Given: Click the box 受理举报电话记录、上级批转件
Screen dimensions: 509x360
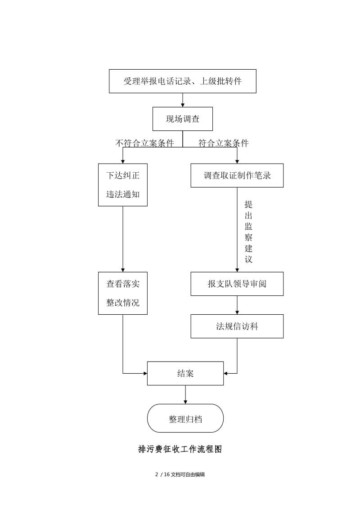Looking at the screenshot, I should (182, 81).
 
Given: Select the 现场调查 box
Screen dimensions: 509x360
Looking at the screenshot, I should (182, 119).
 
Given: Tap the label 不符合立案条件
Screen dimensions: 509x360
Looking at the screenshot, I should (144, 143).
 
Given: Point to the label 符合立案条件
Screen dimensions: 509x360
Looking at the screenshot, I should (224, 143).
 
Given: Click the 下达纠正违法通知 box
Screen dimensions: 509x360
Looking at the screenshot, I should (123, 185).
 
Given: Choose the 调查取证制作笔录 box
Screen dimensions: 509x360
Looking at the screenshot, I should (237, 175).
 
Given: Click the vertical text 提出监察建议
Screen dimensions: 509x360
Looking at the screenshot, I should (248, 232).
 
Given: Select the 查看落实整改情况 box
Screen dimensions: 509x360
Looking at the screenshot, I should (123, 293).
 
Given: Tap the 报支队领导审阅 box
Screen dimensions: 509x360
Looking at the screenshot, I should (237, 284).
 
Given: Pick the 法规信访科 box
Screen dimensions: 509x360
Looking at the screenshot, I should (237, 326).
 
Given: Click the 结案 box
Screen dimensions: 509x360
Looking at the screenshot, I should (185, 373).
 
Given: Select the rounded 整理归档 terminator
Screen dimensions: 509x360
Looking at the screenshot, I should (185, 419).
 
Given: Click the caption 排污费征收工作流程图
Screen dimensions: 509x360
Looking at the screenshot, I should (180, 449).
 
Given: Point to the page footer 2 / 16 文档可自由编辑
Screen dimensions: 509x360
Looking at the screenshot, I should (180, 474).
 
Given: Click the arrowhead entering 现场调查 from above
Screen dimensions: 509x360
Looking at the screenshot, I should (183, 105).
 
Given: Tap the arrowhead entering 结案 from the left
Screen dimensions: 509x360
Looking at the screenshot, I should (145, 373).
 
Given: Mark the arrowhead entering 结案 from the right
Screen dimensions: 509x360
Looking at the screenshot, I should (226, 373).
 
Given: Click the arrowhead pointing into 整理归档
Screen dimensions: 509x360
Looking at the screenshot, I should (185, 402).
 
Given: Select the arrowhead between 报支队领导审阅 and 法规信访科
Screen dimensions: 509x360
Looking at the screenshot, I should (237, 312).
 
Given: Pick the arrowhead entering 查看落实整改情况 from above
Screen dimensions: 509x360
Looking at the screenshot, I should (123, 269).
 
